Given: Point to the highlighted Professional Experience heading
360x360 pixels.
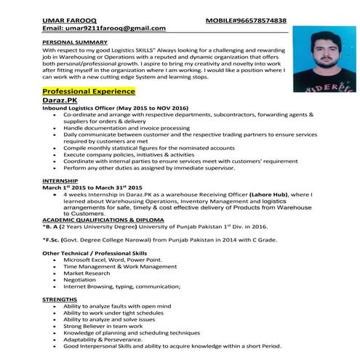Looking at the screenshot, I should click(89, 92).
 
